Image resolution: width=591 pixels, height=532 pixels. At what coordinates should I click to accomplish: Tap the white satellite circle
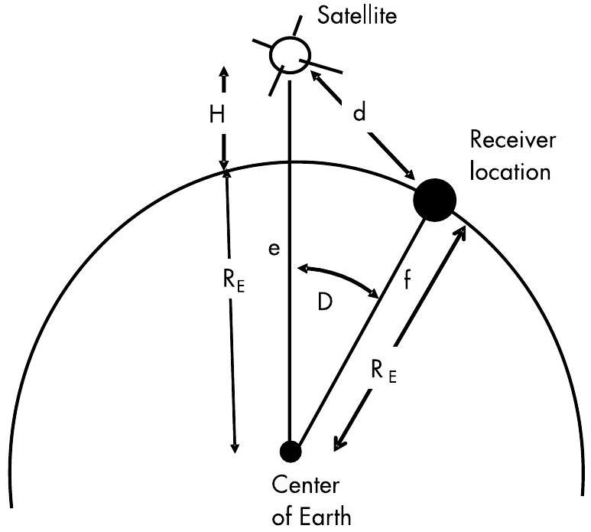click(291, 54)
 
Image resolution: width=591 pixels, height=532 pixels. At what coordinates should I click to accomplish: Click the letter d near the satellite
click(359, 113)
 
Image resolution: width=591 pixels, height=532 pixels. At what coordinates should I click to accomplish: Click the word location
click(510, 171)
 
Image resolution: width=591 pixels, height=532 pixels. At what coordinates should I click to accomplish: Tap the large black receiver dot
click(434, 200)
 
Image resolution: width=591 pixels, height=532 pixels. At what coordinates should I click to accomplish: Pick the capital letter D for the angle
click(324, 302)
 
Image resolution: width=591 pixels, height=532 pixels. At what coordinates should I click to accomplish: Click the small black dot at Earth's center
click(290, 452)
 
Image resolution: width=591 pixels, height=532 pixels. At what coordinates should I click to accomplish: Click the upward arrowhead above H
click(223, 73)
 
